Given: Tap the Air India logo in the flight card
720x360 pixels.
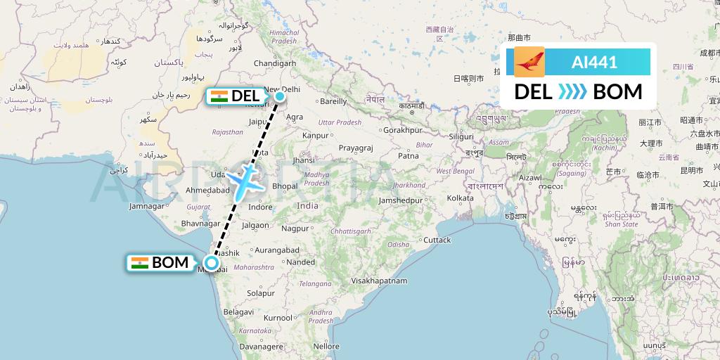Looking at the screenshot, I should coord(529,62).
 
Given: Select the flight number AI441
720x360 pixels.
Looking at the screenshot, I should coord(594,63).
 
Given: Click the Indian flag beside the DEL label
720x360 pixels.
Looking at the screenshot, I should coord(219,96).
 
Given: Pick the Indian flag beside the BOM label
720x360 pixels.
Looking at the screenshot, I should coord(140,263).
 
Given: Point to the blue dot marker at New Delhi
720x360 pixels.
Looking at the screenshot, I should coord(280,96).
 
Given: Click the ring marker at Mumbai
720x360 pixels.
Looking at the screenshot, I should coord(212,266).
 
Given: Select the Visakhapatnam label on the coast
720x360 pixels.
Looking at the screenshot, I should coord(380,281).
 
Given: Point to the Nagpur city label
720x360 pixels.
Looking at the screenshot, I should coord(295,228).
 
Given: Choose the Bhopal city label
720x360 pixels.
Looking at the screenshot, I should coord(285,186).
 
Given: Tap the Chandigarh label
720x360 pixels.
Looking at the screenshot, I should coord(274,63).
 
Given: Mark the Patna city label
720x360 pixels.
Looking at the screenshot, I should coord(409,155).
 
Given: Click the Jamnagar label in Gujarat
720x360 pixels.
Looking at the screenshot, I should coord(147,207).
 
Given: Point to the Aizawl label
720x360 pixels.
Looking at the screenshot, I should coord(529,179).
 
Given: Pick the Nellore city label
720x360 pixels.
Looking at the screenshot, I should coord(326,346).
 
